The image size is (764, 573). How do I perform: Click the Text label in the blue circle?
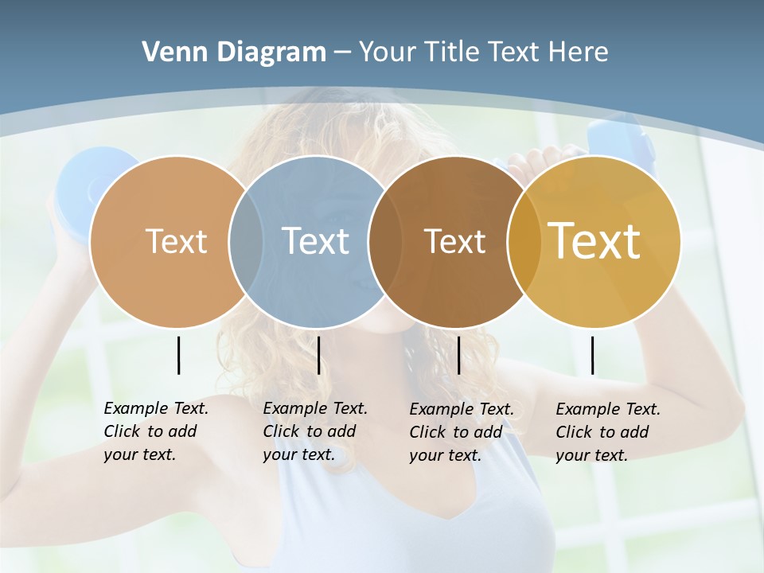click(315, 241)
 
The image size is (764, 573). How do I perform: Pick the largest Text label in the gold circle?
click(594, 241)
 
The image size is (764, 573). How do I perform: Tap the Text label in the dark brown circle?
click(454, 241)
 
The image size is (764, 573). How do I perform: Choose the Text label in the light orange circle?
click(176, 241)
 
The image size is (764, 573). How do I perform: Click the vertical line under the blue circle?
click(318, 355)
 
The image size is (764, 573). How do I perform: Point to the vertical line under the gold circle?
click(592, 355)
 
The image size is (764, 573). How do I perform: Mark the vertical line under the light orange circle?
click(178, 355)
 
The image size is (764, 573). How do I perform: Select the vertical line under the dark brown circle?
click(458, 355)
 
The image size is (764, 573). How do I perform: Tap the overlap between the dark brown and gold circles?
click(521, 241)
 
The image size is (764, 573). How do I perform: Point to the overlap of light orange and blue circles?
click(245, 241)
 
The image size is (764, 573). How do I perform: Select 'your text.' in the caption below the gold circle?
click(591, 455)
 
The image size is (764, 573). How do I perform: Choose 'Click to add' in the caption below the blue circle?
click(309, 431)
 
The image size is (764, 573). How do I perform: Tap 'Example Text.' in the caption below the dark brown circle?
click(462, 409)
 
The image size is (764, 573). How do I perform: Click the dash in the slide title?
click(341, 53)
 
